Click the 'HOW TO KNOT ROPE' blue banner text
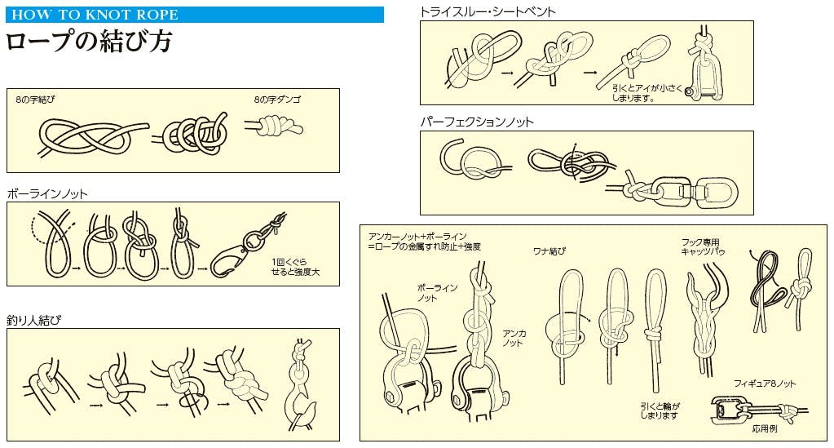coord(95,15)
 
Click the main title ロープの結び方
coord(89,42)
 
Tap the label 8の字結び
coord(35,99)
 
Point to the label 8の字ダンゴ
coord(277,99)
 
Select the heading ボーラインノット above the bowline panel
coord(47,194)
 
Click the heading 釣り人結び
coord(34,320)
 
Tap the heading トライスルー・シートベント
coord(488,11)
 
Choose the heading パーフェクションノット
coord(477,122)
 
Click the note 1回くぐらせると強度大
coord(295,267)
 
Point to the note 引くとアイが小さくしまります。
coord(646,93)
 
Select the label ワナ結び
coord(549,251)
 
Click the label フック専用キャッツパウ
coord(703,246)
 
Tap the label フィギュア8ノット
coord(765,384)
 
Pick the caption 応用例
coord(765,428)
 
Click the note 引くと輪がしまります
coord(660,410)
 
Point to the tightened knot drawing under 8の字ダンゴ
coord(275,126)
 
